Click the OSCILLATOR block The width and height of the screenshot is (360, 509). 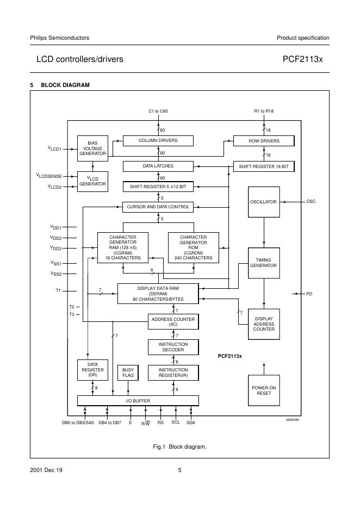pyautogui.click(x=264, y=202)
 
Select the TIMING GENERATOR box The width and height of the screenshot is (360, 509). pyautogui.click(x=264, y=263)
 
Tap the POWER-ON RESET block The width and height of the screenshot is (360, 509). pyautogui.click(x=264, y=390)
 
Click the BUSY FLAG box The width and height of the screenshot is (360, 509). pyautogui.click(x=128, y=373)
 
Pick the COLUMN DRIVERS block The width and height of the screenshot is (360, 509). pyautogui.click(x=158, y=141)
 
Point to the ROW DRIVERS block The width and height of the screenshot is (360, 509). pyautogui.click(x=264, y=141)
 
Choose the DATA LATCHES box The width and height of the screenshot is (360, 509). pyautogui.click(x=158, y=166)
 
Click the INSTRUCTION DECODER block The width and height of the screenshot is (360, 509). pyautogui.click(x=173, y=347)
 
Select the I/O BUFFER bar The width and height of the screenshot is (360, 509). pyautogui.click(x=138, y=401)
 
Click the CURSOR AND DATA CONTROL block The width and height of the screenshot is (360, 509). pyautogui.click(x=158, y=207)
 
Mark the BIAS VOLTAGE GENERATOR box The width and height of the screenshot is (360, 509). pyautogui.click(x=92, y=148)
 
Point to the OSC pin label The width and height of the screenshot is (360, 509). pyautogui.click(x=311, y=202)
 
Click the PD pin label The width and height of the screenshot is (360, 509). pyautogui.click(x=309, y=294)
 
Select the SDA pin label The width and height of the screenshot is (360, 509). pyautogui.click(x=191, y=423)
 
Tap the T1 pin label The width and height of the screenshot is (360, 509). pyautogui.click(x=58, y=290)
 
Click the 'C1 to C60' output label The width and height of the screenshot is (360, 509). pyautogui.click(x=158, y=111)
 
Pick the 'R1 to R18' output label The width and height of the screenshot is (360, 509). pyautogui.click(x=264, y=111)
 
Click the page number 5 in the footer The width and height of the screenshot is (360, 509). pyautogui.click(x=179, y=470)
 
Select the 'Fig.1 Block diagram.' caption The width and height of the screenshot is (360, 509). pyautogui.click(x=179, y=446)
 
